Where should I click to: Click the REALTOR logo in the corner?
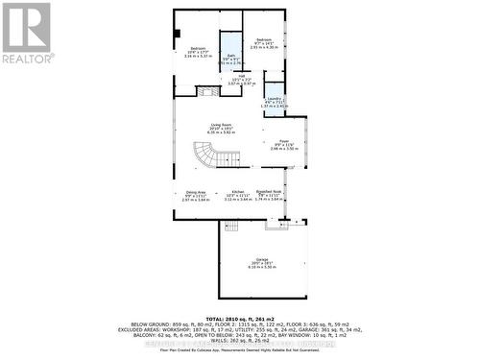click(x=27, y=34)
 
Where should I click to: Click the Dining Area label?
click(x=195, y=192)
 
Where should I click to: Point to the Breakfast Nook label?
click(x=269, y=192)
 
